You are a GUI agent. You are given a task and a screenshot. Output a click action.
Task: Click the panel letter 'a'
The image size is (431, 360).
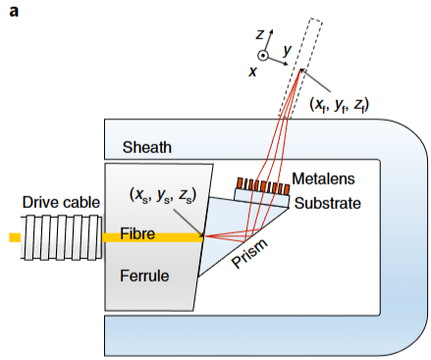click(14, 14)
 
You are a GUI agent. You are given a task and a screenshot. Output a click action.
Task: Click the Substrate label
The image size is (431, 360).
click(328, 203)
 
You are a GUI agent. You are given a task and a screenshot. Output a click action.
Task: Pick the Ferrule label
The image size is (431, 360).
click(142, 276)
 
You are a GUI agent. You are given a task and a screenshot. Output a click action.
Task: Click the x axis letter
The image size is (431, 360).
click(253, 73)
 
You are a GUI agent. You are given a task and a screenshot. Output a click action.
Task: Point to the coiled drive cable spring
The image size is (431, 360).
click(60, 237)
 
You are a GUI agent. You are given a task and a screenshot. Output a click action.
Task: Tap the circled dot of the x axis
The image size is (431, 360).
click(262, 55)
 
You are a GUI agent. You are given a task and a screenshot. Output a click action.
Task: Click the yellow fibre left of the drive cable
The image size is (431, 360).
click(14, 237)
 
